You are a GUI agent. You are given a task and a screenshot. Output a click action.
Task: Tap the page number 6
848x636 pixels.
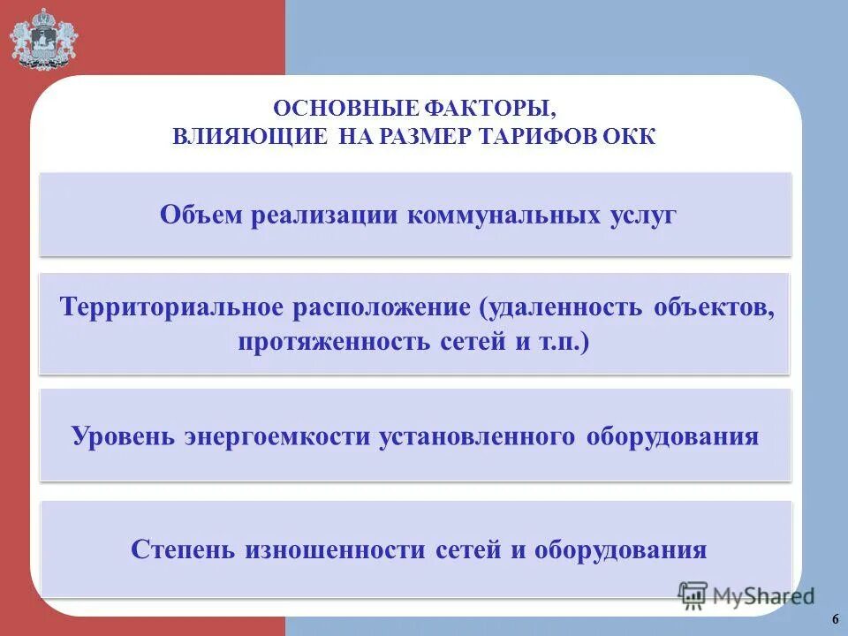click(835, 617)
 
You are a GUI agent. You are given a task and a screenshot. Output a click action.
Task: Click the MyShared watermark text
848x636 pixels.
click(764, 595)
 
